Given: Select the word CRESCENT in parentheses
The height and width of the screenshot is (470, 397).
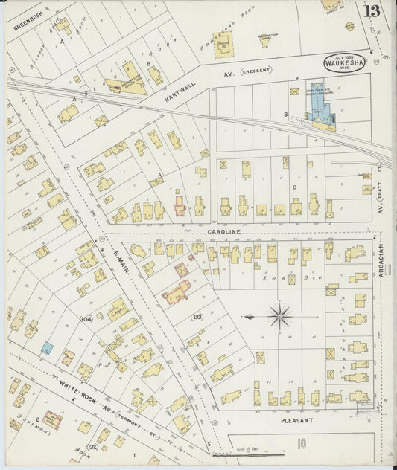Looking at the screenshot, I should tap(261, 75).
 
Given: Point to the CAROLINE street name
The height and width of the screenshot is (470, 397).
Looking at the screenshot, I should tap(223, 232).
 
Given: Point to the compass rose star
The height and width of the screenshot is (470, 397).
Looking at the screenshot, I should tap(280, 317).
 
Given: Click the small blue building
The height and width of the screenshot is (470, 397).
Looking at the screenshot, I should tap(47, 347).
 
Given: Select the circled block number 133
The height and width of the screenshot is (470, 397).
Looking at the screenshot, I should tap(197, 317).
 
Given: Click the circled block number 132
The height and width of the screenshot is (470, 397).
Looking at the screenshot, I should tap(92, 446).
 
